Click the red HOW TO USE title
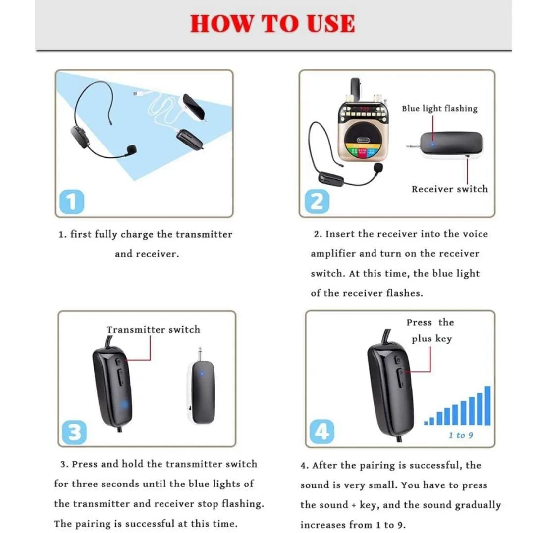(x=273, y=24)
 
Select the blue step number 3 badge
(x=74, y=432)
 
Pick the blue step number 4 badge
(x=321, y=432)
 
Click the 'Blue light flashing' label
(x=439, y=109)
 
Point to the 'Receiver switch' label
(x=449, y=189)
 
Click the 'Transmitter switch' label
(x=153, y=330)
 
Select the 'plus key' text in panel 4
(x=431, y=339)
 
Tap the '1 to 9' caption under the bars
(x=460, y=436)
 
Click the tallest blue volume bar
(x=487, y=405)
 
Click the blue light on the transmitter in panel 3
(x=124, y=404)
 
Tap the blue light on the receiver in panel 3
(x=202, y=374)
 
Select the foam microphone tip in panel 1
(x=131, y=148)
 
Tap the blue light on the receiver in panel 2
(x=432, y=145)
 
